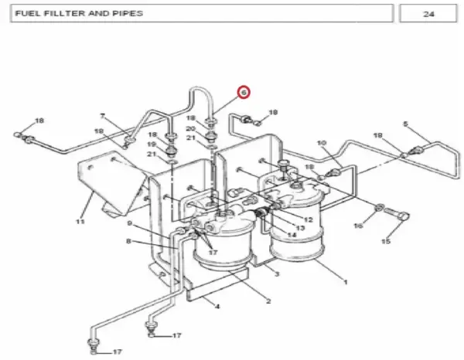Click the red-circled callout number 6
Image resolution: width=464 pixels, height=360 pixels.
click(244, 93)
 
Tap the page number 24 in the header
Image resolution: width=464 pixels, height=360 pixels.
click(428, 14)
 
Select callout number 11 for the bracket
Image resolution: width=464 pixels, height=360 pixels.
click(80, 221)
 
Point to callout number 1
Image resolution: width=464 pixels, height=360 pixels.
click(345, 282)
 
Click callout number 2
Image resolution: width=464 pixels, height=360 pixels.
click(268, 301)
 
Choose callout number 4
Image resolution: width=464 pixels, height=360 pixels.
click(217, 306)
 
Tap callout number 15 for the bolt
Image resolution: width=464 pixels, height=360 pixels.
click(386, 241)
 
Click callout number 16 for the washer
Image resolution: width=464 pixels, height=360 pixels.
click(358, 226)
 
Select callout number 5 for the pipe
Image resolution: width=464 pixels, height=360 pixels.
click(405, 124)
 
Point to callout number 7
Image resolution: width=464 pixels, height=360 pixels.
click(102, 116)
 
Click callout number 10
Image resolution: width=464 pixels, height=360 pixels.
click(322, 143)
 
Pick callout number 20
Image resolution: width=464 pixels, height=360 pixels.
click(191, 129)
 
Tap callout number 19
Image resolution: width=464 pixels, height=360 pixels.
click(152, 144)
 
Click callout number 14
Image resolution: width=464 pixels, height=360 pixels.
click(292, 234)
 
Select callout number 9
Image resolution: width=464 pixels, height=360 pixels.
click(130, 223)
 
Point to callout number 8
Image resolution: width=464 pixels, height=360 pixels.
click(128, 241)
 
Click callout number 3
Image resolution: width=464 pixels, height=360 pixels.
click(277, 274)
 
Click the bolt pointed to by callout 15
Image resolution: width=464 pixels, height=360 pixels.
click(397, 213)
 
